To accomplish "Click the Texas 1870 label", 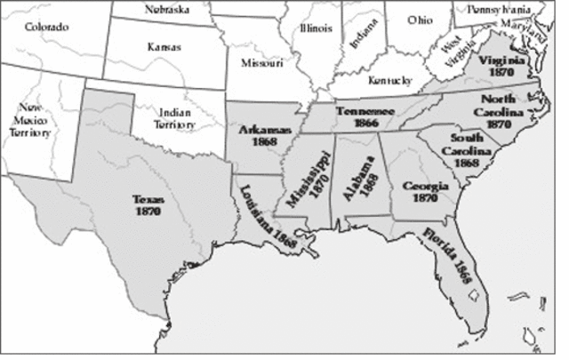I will pos(147,206).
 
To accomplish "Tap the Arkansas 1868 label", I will pos(261,136).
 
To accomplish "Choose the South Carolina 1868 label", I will pos(466,150).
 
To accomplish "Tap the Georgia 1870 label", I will pos(420,192).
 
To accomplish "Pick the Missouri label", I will pos(262,63).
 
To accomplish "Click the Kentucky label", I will pos(389,79).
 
